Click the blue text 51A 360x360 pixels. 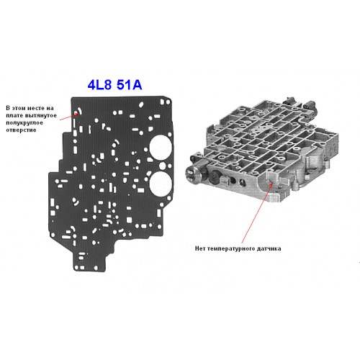point(129,85)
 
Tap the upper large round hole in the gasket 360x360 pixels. point(161,147)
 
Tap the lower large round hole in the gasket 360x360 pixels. point(161,184)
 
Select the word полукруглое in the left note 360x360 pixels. point(24,123)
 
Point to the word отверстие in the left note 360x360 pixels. point(21,130)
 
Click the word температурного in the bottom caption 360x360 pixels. point(231,248)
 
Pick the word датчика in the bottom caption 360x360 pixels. point(269,248)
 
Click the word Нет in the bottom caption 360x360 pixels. point(200,248)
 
